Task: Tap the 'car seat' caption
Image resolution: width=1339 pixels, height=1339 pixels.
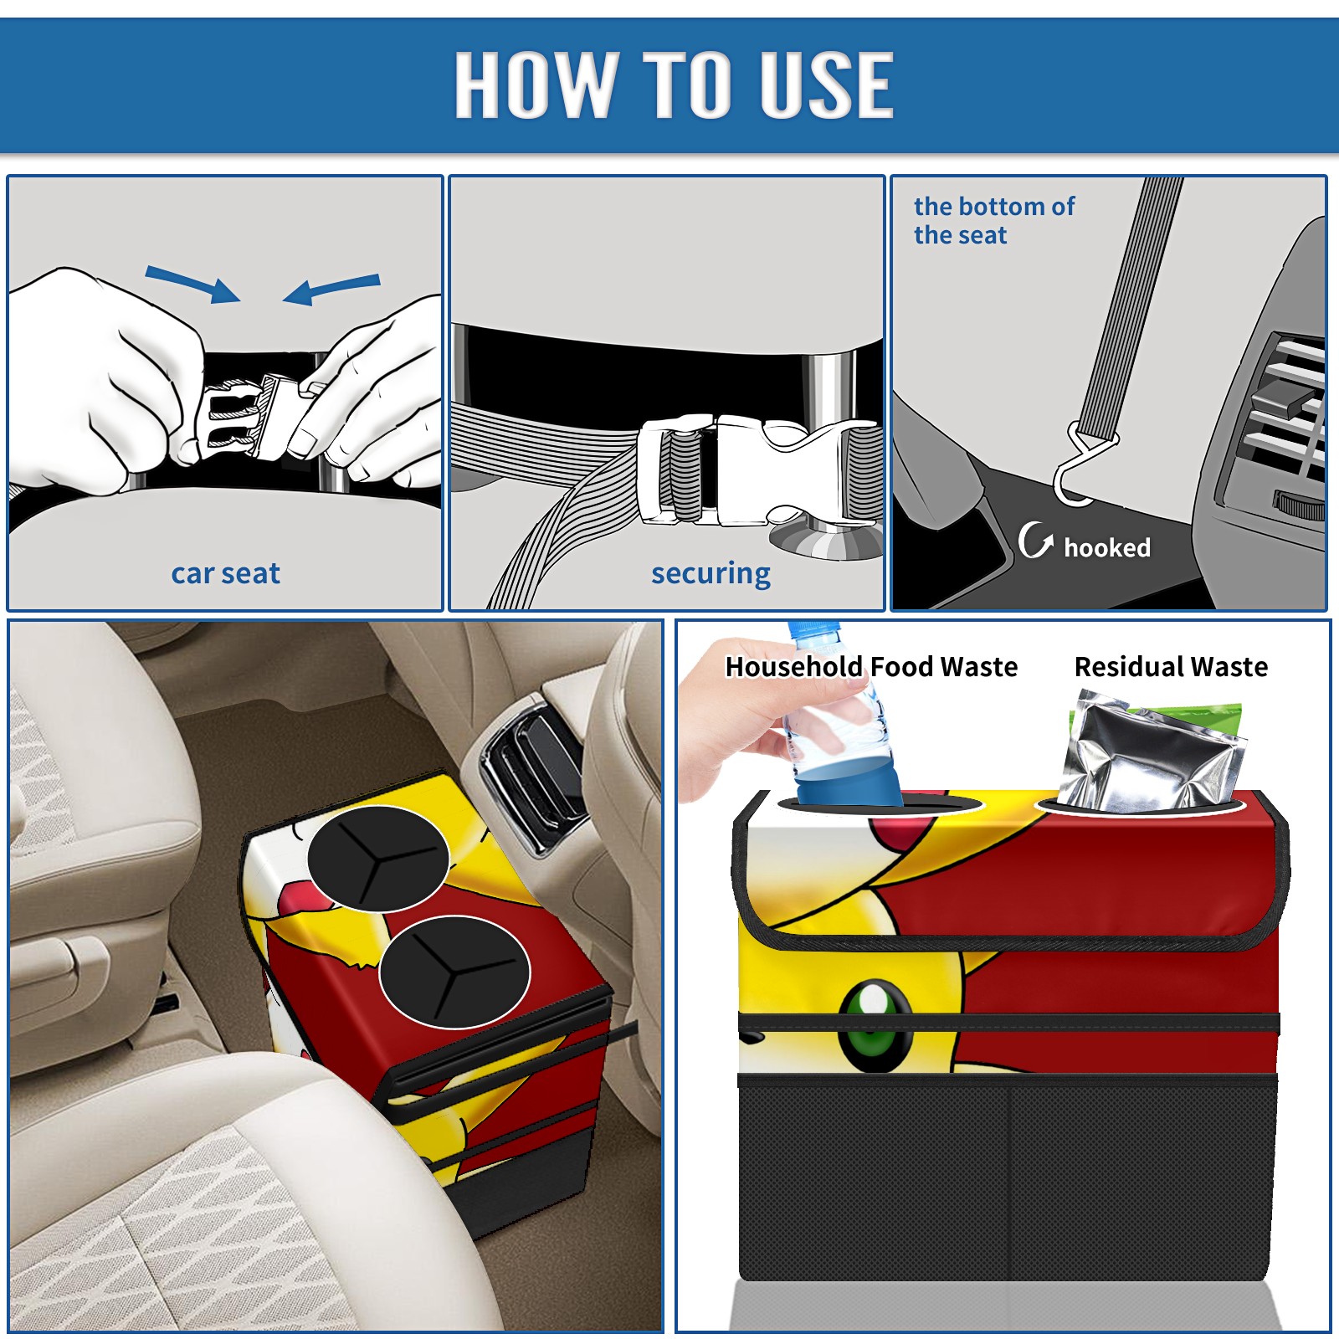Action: pyautogui.click(x=225, y=573)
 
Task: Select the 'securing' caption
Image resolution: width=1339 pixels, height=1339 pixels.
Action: pyautogui.click(x=711, y=574)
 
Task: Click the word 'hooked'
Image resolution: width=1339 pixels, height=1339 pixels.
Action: pyautogui.click(x=1107, y=547)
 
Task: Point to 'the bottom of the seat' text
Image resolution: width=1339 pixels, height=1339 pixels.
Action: pyautogui.click(x=993, y=220)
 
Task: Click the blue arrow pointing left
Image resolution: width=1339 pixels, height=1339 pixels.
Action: pyautogui.click(x=331, y=290)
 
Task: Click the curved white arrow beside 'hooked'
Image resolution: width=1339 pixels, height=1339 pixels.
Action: pyautogui.click(x=1034, y=540)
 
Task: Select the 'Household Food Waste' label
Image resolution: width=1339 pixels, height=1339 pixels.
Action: pyautogui.click(x=871, y=666)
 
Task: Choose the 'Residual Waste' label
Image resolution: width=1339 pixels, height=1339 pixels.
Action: pyautogui.click(x=1171, y=666)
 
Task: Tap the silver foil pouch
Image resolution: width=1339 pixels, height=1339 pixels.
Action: pyautogui.click(x=1151, y=753)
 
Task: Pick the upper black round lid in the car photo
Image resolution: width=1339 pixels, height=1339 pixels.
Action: pyautogui.click(x=378, y=859)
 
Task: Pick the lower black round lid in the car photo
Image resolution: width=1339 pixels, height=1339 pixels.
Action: pyautogui.click(x=454, y=972)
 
